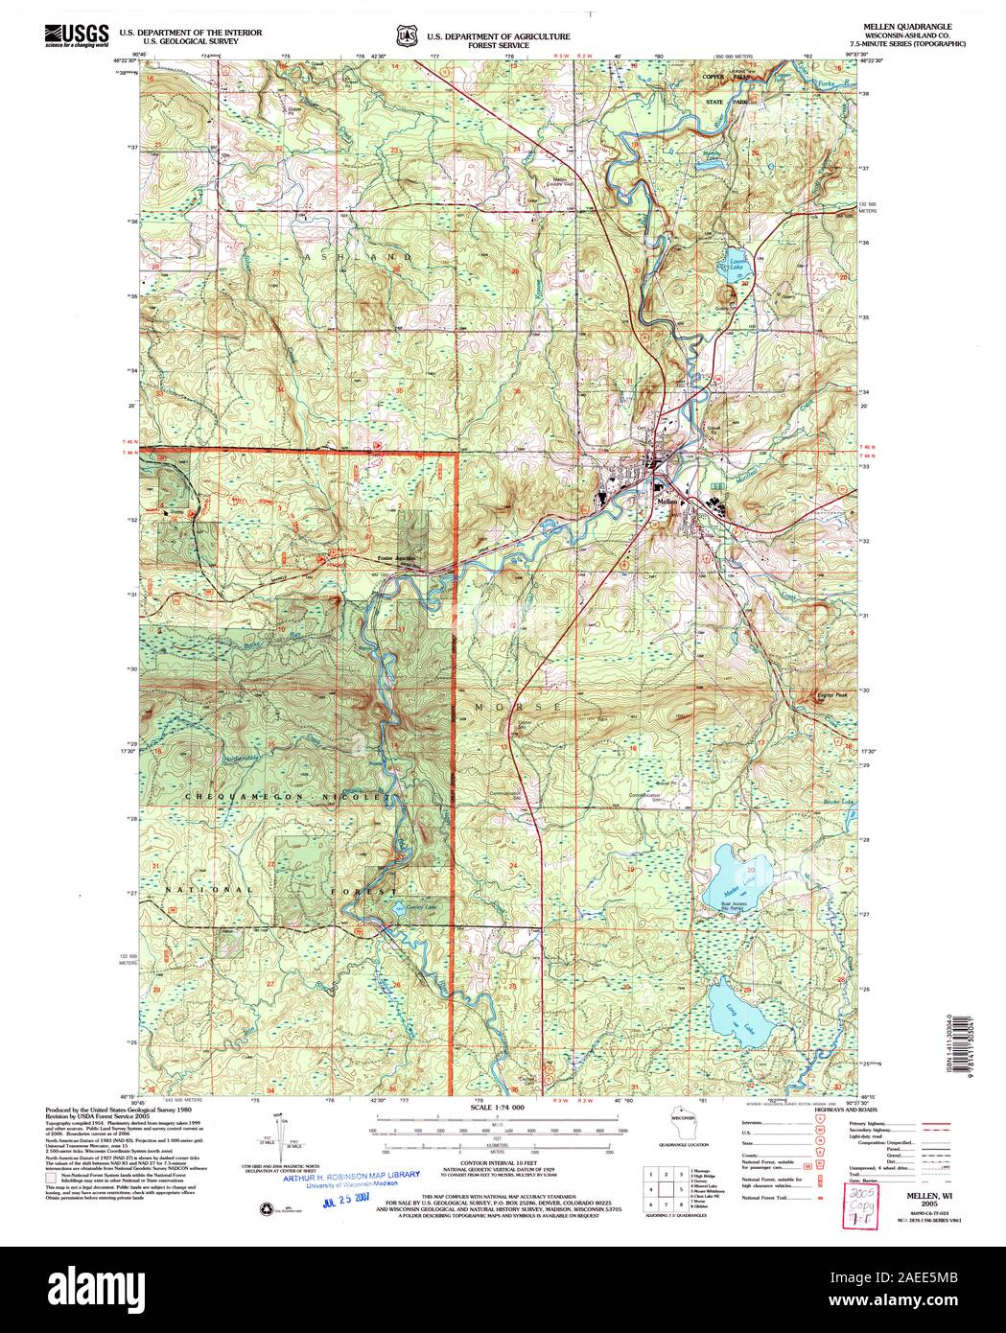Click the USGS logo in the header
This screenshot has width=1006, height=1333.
[76, 36]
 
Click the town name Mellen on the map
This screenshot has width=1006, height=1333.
[667, 501]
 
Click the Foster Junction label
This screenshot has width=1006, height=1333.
[398, 557]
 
